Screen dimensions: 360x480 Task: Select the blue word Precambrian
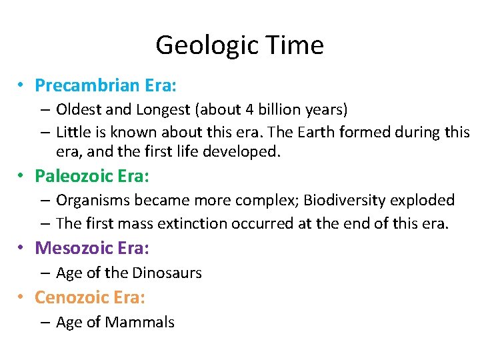coord(78,85)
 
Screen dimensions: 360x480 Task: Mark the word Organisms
coord(89,200)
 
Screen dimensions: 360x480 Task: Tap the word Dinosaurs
coord(167,273)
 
